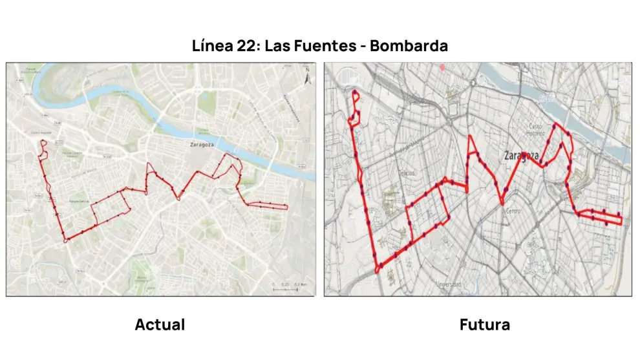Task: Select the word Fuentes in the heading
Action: tap(324, 47)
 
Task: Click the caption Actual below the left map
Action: tap(160, 324)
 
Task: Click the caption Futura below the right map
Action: tap(484, 324)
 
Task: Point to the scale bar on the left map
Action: tap(285, 289)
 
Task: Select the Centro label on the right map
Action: tap(513, 211)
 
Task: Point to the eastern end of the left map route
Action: tap(287, 207)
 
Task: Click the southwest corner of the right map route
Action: tap(377, 271)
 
